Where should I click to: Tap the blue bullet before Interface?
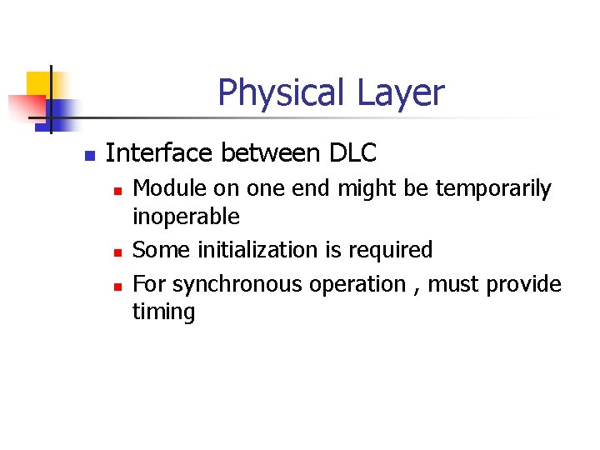pyautogui.click(x=90, y=156)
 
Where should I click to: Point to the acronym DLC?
pyautogui.click(x=353, y=153)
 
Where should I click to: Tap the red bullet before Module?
pyautogui.click(x=117, y=192)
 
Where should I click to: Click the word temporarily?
pyautogui.click(x=497, y=190)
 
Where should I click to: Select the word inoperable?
pyautogui.click(x=186, y=217)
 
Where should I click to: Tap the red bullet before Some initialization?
pyautogui.click(x=117, y=252)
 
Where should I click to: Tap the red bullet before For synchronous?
pyautogui.click(x=117, y=286)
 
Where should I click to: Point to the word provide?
pyautogui.click(x=524, y=284)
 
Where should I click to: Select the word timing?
pyautogui.click(x=163, y=312)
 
